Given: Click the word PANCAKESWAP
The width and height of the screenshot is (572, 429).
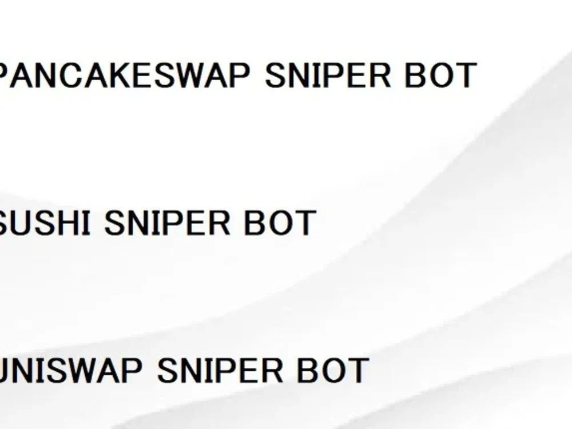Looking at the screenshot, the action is (124, 75).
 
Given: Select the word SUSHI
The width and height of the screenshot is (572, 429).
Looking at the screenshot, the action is (45, 223).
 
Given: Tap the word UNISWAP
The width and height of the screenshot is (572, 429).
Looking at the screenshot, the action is (70, 370).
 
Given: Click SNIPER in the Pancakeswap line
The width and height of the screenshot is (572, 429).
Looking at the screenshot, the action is (328, 75).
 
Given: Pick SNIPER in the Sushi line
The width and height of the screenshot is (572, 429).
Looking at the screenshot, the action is (167, 223).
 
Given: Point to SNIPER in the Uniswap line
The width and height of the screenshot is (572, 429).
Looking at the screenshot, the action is (220, 370).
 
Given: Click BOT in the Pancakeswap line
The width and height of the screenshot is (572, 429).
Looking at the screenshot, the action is (440, 75).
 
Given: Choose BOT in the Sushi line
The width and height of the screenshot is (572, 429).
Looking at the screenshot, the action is (280, 223).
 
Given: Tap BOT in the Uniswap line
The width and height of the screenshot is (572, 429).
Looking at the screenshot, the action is (333, 370).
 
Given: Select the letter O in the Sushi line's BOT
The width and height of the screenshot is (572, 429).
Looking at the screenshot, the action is (279, 223).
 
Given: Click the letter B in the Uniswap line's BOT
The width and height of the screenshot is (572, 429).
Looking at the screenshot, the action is (307, 370).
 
